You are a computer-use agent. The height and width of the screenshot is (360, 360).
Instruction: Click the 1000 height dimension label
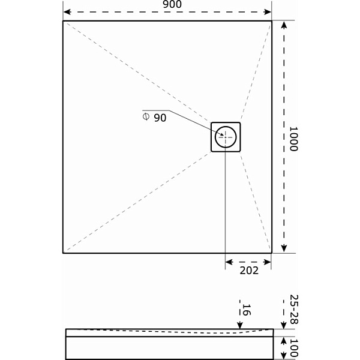click(293, 139)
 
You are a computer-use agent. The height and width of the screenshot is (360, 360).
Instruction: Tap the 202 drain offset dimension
click(248, 270)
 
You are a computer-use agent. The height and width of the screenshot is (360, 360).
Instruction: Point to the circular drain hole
click(226, 137)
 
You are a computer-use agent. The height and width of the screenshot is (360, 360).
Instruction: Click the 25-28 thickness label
click(293, 310)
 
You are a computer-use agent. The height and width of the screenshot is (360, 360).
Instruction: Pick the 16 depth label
click(245, 310)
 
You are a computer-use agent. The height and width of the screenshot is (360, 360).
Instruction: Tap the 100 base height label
click(293, 348)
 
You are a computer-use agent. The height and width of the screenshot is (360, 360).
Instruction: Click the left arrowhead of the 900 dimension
click(67, 12)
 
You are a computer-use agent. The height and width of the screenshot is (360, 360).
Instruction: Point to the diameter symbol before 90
click(146, 116)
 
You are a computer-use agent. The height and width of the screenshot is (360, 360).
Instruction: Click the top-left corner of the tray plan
click(63, 21)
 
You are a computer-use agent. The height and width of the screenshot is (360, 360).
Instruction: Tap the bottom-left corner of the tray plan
click(63, 253)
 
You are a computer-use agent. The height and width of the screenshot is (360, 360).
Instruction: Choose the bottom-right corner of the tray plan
click(271, 253)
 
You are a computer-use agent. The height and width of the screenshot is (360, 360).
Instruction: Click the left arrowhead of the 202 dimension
click(229, 262)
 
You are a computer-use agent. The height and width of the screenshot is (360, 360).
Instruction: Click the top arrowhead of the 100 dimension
click(284, 340)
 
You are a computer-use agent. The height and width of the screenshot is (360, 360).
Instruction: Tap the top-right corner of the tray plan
click(271, 21)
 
